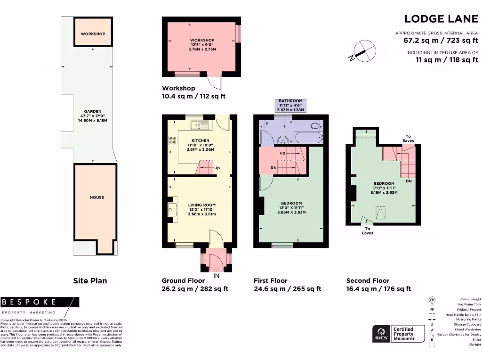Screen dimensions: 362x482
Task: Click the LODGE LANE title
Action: tap(441, 19)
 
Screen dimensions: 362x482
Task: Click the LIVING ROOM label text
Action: tap(201, 205)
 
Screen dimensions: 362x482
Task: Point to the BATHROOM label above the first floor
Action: tap(290, 101)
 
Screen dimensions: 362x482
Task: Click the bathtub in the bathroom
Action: tap(308, 138)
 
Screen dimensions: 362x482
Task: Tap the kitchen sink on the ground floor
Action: tap(202, 125)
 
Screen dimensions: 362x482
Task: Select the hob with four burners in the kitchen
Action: tap(172, 140)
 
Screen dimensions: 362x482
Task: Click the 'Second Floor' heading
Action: tap(368, 280)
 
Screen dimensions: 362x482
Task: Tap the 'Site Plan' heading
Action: tap(90, 280)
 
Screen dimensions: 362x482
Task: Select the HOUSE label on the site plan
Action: tap(96, 197)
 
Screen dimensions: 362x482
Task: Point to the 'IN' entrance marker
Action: tap(217, 276)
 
